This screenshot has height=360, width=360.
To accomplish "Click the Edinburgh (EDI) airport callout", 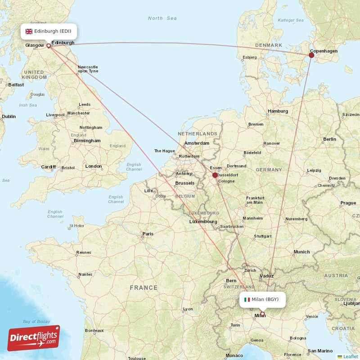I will pyautogui.click(x=49, y=31).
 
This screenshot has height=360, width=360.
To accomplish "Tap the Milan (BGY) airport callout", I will pyautogui.click(x=262, y=299).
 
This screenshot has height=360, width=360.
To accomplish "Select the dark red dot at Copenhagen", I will pyautogui.click(x=311, y=55).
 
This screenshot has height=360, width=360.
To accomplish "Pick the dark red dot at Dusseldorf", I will pyautogui.click(x=215, y=175).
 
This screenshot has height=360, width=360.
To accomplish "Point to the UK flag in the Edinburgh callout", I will pyautogui.click(x=29, y=31).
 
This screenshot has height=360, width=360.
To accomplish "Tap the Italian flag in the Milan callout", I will pyautogui.click(x=247, y=299).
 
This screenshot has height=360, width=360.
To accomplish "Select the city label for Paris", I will pyautogui.click(x=148, y=234).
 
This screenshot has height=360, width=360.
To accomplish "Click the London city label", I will pyautogui.click(x=94, y=166).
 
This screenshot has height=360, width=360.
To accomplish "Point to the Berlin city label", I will pyautogui.click(x=329, y=139).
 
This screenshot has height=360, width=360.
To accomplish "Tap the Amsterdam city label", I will pyautogui.click(x=197, y=143).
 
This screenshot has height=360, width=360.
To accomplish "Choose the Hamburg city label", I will pyautogui.click(x=278, y=111).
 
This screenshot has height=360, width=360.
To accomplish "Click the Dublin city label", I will pyautogui.click(x=8, y=116).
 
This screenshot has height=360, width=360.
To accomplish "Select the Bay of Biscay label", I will pyautogui.click(x=36, y=321).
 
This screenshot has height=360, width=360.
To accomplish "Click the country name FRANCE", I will pyautogui.click(x=144, y=288).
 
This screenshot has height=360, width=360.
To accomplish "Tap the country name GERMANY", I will pyautogui.click(x=269, y=170).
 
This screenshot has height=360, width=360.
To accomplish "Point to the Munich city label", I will pyautogui.click(x=301, y=252).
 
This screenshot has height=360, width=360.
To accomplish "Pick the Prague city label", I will pyautogui.click(x=348, y=202).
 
